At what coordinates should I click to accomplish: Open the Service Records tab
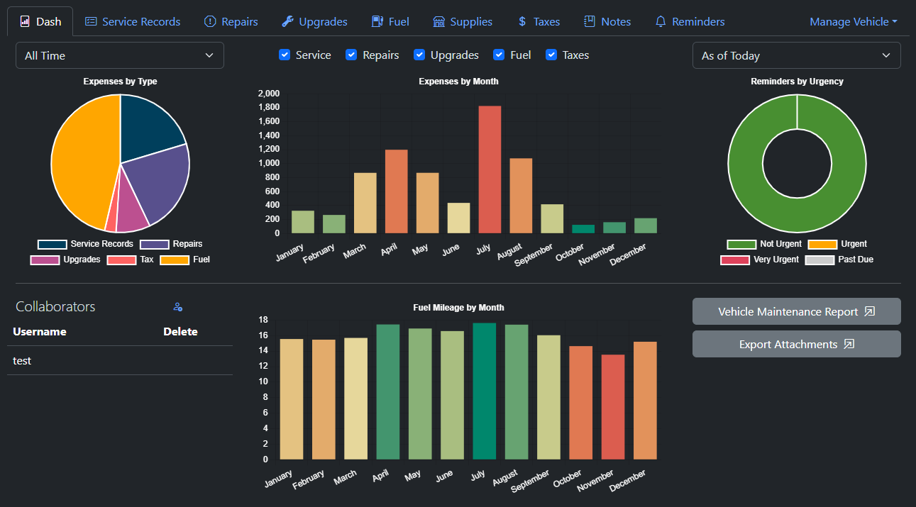pyautogui.click(x=133, y=21)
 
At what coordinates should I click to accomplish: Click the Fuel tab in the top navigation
pyautogui.click(x=390, y=21)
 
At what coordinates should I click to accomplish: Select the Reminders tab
pyautogui.click(x=690, y=21)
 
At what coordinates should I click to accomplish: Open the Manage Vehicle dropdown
pyautogui.click(x=853, y=21)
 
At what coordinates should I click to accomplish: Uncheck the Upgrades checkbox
pyautogui.click(x=419, y=55)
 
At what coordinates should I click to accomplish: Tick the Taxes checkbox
pyautogui.click(x=551, y=55)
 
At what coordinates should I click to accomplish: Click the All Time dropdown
pyautogui.click(x=119, y=55)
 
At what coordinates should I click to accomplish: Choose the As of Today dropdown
pyautogui.click(x=796, y=55)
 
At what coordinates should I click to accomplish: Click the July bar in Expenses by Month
pyautogui.click(x=490, y=169)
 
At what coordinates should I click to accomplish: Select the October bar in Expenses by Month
pyautogui.click(x=583, y=228)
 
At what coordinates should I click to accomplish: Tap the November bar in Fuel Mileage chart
pyautogui.click(x=613, y=407)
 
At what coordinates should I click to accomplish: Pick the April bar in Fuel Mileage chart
pyautogui.click(x=387, y=391)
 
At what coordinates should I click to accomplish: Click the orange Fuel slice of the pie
pyautogui.click(x=82, y=163)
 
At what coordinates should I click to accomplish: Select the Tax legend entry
pyautogui.click(x=131, y=260)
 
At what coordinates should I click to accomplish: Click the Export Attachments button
pyautogui.click(x=796, y=344)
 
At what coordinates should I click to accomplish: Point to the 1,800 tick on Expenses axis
pyautogui.click(x=269, y=107)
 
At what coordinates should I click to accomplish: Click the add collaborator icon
pyautogui.click(x=178, y=307)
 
